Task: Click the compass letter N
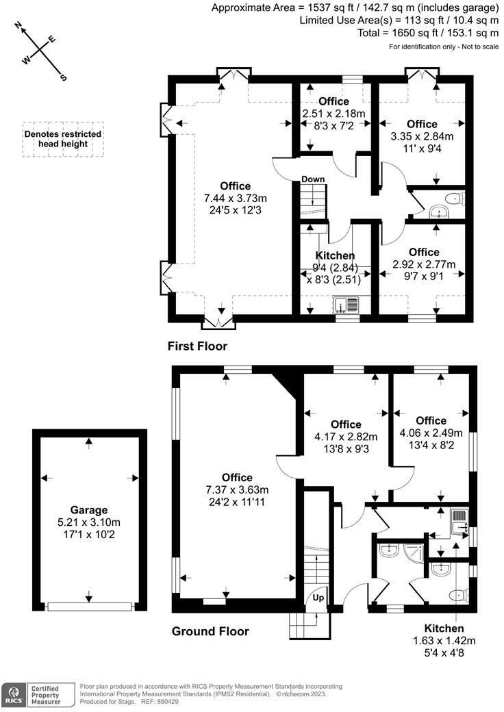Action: point(19,27)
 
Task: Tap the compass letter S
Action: point(64,77)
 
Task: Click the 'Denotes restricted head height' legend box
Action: point(63,139)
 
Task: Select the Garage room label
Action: point(89,510)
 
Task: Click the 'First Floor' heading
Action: point(197,346)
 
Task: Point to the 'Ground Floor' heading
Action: point(210,631)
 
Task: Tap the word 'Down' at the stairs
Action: point(313,179)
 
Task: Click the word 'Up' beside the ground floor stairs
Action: point(319,598)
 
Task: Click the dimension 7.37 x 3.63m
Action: point(236,489)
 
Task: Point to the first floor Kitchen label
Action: point(335,255)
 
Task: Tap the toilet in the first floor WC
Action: point(453,199)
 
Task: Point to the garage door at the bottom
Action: point(89,606)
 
